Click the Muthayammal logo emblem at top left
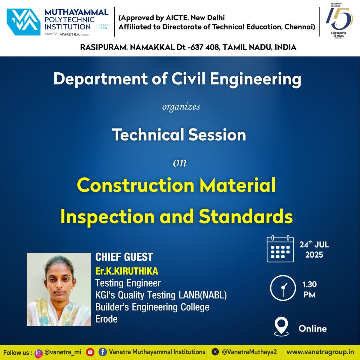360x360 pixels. [x=23, y=22]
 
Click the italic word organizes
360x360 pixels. [x=181, y=107]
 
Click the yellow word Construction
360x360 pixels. [x=136, y=185]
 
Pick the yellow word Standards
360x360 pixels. [x=246, y=216]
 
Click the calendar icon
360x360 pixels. [x=280, y=249]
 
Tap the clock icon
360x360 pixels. [x=283, y=288]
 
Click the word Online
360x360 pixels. [x=313, y=328]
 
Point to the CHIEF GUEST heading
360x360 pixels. [x=124, y=257]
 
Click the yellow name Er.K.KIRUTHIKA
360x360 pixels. [x=127, y=271]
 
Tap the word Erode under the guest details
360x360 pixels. [x=106, y=319]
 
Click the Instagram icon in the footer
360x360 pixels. [x=39, y=352]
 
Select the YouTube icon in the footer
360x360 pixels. [x=90, y=352]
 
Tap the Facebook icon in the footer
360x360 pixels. [x=103, y=352]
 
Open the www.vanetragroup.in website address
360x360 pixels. [x=320, y=352]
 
